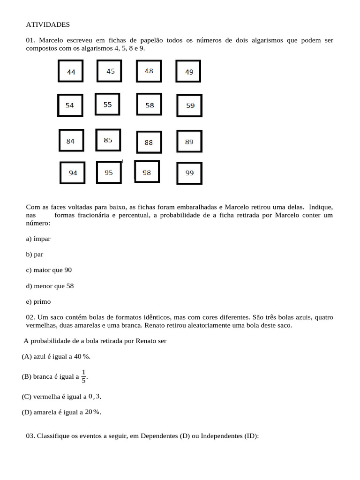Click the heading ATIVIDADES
click(48, 24)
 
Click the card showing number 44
click(71, 72)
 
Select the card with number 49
click(188, 72)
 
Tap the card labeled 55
click(108, 105)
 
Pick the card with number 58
click(149, 105)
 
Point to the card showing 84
click(71, 141)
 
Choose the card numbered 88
click(149, 142)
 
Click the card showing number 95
click(109, 172)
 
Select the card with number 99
click(189, 173)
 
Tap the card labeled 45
click(110, 71)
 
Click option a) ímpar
click(38, 239)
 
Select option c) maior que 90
click(49, 270)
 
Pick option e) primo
click(38, 301)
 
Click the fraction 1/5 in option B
click(83, 376)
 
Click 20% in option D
click(92, 412)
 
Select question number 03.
click(30, 436)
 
